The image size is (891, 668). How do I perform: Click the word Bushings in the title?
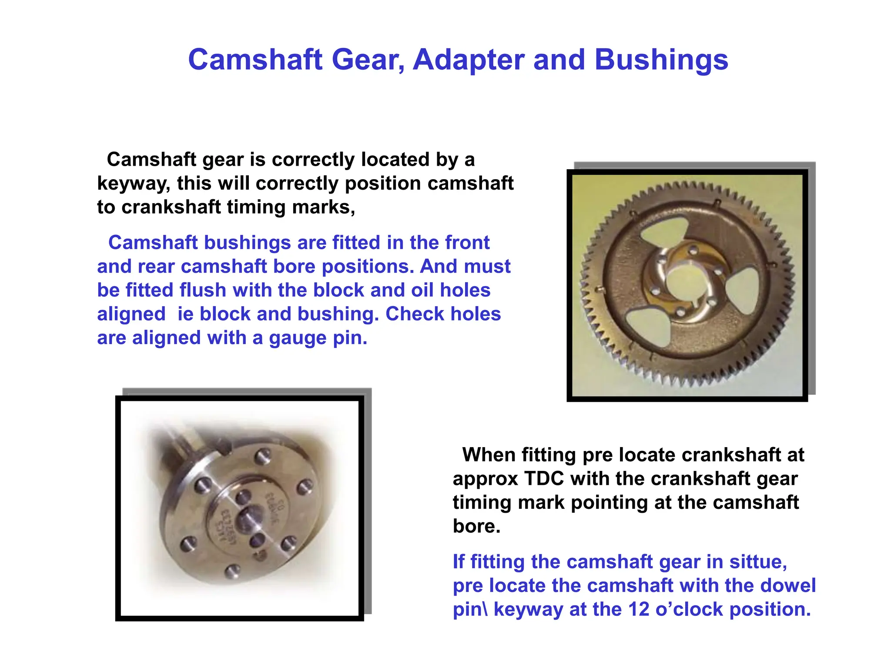coord(661,60)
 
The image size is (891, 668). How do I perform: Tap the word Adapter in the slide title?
coord(468,60)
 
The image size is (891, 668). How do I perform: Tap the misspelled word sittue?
coord(758,562)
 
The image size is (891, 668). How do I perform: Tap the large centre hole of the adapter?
coord(248,518)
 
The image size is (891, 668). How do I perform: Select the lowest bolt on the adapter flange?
coord(233,570)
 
